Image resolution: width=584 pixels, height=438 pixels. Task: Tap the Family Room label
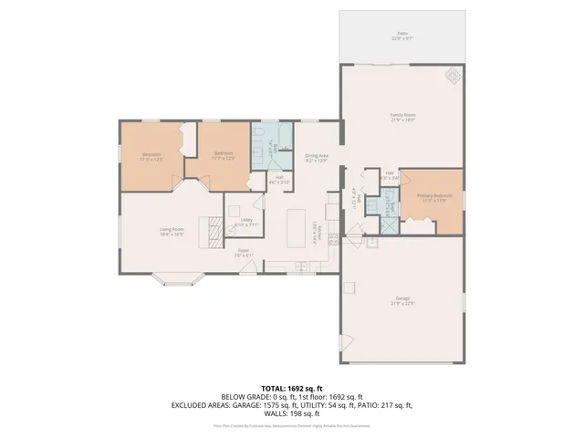(x=402, y=117)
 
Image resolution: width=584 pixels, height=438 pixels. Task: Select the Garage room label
(x=402, y=301)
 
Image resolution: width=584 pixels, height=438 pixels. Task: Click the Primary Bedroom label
(x=430, y=198)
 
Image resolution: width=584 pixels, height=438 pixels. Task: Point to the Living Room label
(x=172, y=231)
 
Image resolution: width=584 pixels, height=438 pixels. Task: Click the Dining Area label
(x=317, y=158)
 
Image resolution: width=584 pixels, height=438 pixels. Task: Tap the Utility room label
(x=246, y=222)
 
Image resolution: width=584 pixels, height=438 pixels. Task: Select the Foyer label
(x=244, y=252)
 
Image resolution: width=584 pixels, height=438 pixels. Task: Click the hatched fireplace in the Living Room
(x=212, y=233)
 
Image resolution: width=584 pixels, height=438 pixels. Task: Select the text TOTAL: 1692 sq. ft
(x=291, y=388)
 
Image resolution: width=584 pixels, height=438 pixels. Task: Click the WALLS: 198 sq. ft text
(x=291, y=415)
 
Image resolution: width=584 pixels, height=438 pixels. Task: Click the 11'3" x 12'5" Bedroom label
(x=151, y=156)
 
